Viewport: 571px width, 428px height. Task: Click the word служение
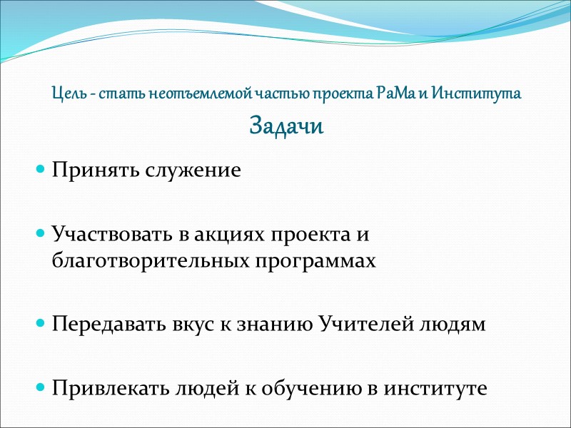[193, 171]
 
